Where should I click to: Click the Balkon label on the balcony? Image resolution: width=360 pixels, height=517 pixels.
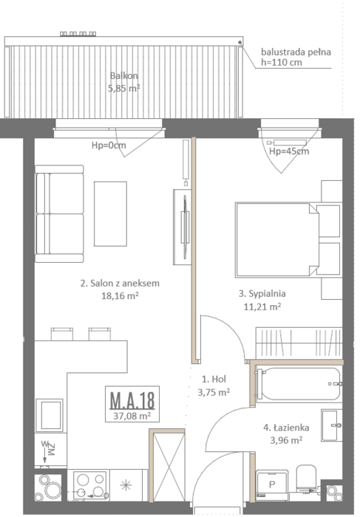tap(124, 76)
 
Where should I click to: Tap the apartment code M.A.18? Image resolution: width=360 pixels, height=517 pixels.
tap(132, 400)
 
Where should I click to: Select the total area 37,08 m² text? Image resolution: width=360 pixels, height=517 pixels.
tap(132, 416)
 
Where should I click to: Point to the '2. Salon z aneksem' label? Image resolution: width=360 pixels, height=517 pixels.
tap(120, 283)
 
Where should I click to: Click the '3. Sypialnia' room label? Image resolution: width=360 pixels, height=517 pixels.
tap(262, 294)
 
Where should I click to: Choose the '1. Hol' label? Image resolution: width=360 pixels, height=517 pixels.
tap(214, 379)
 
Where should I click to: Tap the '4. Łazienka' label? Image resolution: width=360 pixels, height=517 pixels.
tap(286, 428)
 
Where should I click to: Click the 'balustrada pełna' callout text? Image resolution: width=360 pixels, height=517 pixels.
tap(296, 52)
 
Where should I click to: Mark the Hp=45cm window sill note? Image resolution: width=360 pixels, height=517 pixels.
tap(289, 151)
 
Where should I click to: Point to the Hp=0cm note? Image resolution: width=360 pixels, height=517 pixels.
tap(109, 145)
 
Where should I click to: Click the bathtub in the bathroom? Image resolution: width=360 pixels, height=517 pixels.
tap(299, 384)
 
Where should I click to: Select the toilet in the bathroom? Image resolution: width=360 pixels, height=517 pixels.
tap(306, 479)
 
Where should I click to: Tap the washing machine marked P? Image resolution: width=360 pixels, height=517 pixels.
tap(272, 485)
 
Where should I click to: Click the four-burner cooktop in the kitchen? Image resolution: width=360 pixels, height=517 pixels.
tap(89, 485)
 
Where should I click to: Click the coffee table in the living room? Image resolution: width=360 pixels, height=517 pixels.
tap(110, 213)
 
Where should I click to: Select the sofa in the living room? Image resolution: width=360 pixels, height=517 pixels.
tap(59, 213)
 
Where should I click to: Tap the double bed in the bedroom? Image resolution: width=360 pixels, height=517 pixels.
tap(277, 240)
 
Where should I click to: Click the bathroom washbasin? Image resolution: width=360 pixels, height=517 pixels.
tap(332, 425)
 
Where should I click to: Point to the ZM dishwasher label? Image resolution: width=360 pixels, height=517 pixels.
tap(51, 449)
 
